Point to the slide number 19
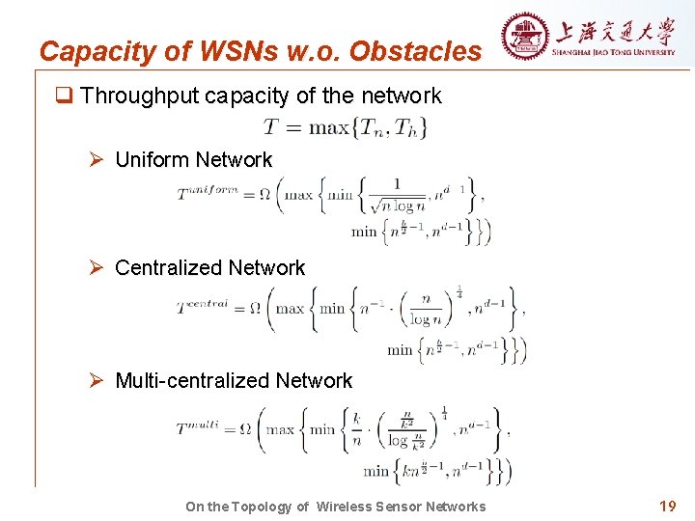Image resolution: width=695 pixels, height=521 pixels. point(667,505)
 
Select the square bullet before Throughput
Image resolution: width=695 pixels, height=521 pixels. point(65,96)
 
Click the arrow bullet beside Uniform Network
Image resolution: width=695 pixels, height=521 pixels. point(97,160)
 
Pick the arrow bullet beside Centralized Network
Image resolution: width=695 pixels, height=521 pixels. point(97,268)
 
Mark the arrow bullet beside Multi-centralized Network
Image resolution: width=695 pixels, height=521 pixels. point(97,381)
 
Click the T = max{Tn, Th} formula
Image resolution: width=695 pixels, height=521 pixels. point(345,126)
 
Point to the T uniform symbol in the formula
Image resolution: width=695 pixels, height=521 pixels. point(208,193)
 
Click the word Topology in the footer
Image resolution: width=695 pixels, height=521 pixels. point(257,507)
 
